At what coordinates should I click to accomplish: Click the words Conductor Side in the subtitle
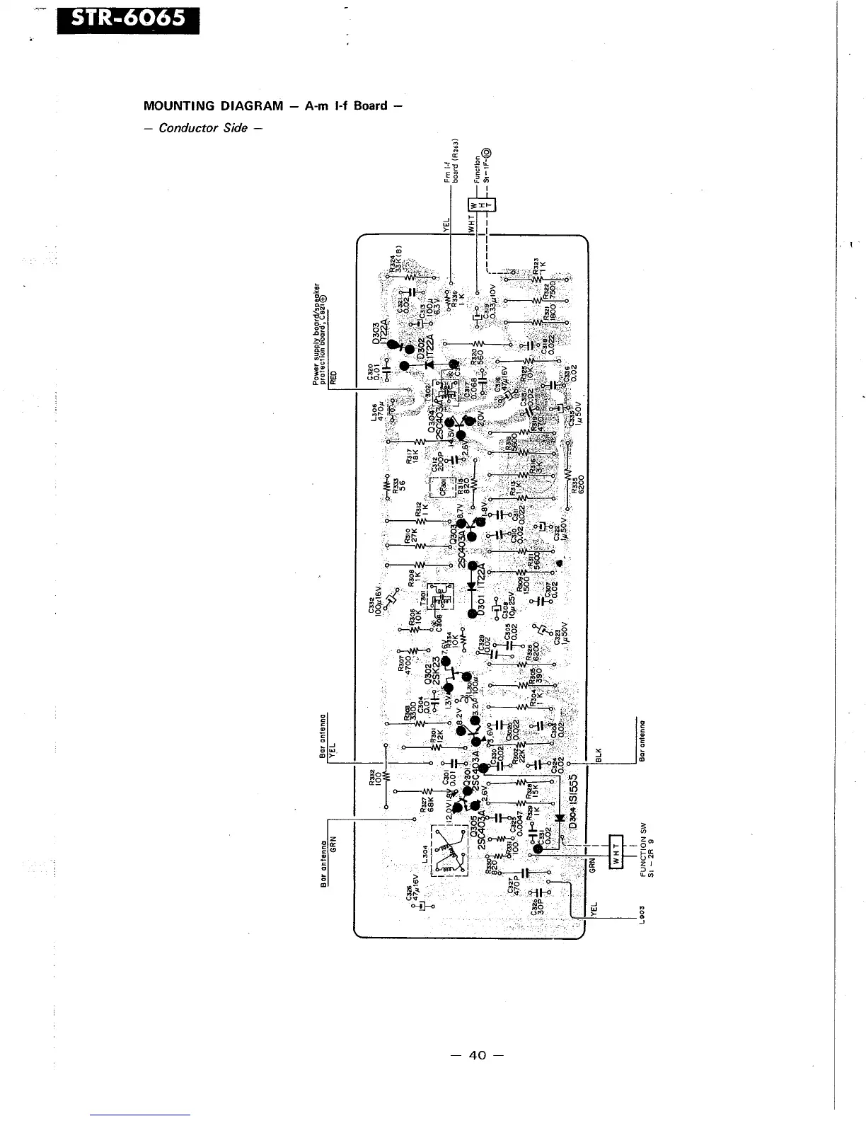click(203, 128)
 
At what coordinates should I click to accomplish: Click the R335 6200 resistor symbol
click(568, 473)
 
